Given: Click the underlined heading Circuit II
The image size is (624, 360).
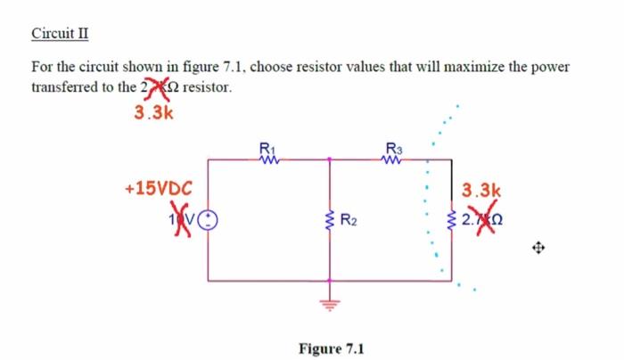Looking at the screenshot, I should (60, 35).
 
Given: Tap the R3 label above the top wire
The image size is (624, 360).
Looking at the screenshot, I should (394, 148).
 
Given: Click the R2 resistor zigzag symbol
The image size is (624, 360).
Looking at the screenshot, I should (331, 219).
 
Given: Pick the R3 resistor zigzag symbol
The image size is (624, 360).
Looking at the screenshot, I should (394, 160).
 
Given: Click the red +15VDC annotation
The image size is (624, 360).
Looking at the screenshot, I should (156, 189).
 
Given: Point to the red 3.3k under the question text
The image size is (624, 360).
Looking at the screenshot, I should (153, 113).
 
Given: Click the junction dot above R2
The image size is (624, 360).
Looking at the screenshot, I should (331, 160).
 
